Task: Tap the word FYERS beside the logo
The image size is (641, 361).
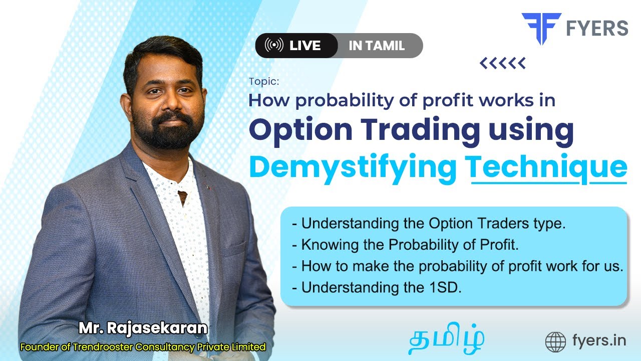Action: click(596, 29)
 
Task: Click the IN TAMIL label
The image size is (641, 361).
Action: click(377, 46)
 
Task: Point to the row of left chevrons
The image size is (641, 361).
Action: click(502, 63)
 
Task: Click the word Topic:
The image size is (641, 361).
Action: click(264, 81)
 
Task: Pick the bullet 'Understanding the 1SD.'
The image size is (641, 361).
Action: click(376, 287)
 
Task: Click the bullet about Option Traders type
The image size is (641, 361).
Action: click(429, 224)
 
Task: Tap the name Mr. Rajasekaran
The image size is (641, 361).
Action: click(143, 328)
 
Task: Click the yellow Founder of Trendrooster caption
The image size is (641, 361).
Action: click(143, 346)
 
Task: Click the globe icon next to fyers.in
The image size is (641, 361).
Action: click(555, 342)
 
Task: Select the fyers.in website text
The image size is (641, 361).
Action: click(598, 341)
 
